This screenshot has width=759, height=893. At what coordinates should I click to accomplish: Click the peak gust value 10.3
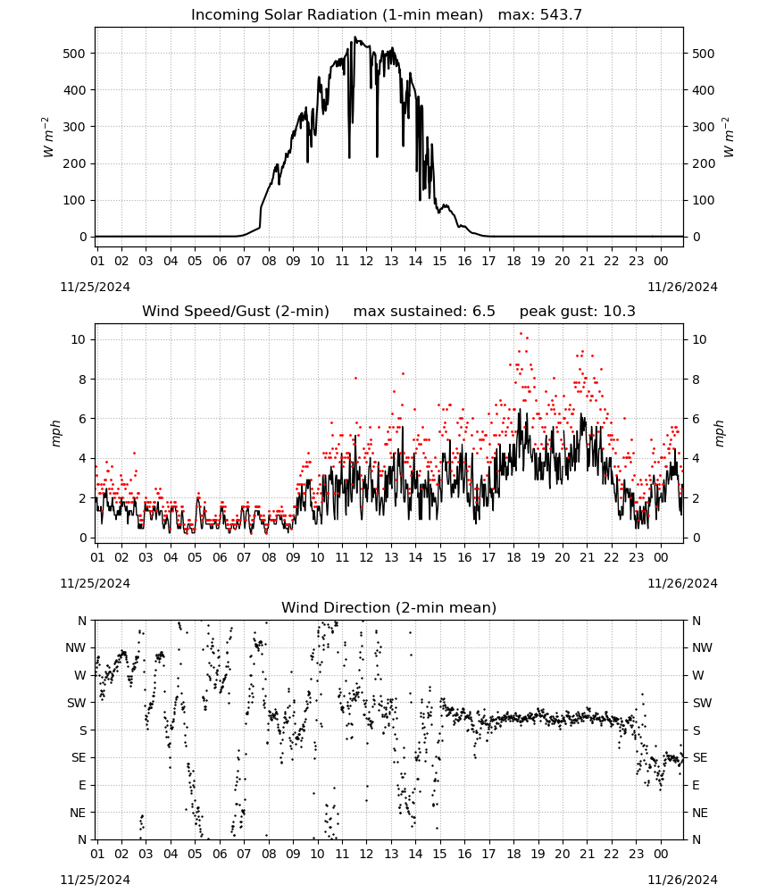618,312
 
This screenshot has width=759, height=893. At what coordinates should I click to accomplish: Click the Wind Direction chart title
389,607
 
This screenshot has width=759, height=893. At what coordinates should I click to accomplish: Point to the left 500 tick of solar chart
74,54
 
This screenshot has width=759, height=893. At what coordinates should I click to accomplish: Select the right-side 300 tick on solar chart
704,127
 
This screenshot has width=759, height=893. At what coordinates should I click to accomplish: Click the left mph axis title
55,433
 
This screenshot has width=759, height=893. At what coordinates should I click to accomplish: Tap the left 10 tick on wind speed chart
78,339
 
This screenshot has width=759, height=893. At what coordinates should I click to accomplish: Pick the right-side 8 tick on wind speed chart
696,380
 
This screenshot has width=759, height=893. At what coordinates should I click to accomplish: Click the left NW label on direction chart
76,648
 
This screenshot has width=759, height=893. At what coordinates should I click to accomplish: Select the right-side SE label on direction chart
700,758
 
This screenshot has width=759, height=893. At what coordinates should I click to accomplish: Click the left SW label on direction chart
76,704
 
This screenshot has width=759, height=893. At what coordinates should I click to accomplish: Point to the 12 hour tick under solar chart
366,261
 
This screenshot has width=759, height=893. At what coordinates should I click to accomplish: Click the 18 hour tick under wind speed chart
513,557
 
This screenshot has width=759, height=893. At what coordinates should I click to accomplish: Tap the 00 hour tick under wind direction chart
661,854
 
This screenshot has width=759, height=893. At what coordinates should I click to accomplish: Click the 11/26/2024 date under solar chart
682,287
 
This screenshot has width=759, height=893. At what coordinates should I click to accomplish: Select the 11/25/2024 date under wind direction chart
95,880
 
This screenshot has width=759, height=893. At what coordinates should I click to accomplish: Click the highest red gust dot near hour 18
521,333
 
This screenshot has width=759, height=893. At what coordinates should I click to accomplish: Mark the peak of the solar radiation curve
355,38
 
